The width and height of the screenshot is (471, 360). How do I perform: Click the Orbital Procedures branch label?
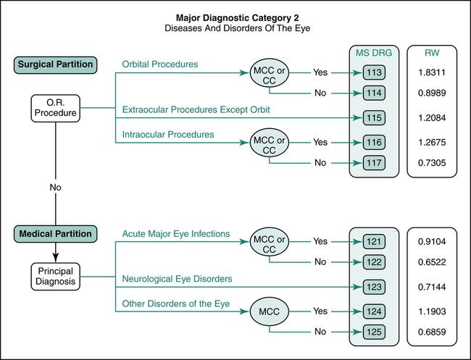160,64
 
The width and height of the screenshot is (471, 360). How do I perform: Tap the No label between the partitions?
56,187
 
